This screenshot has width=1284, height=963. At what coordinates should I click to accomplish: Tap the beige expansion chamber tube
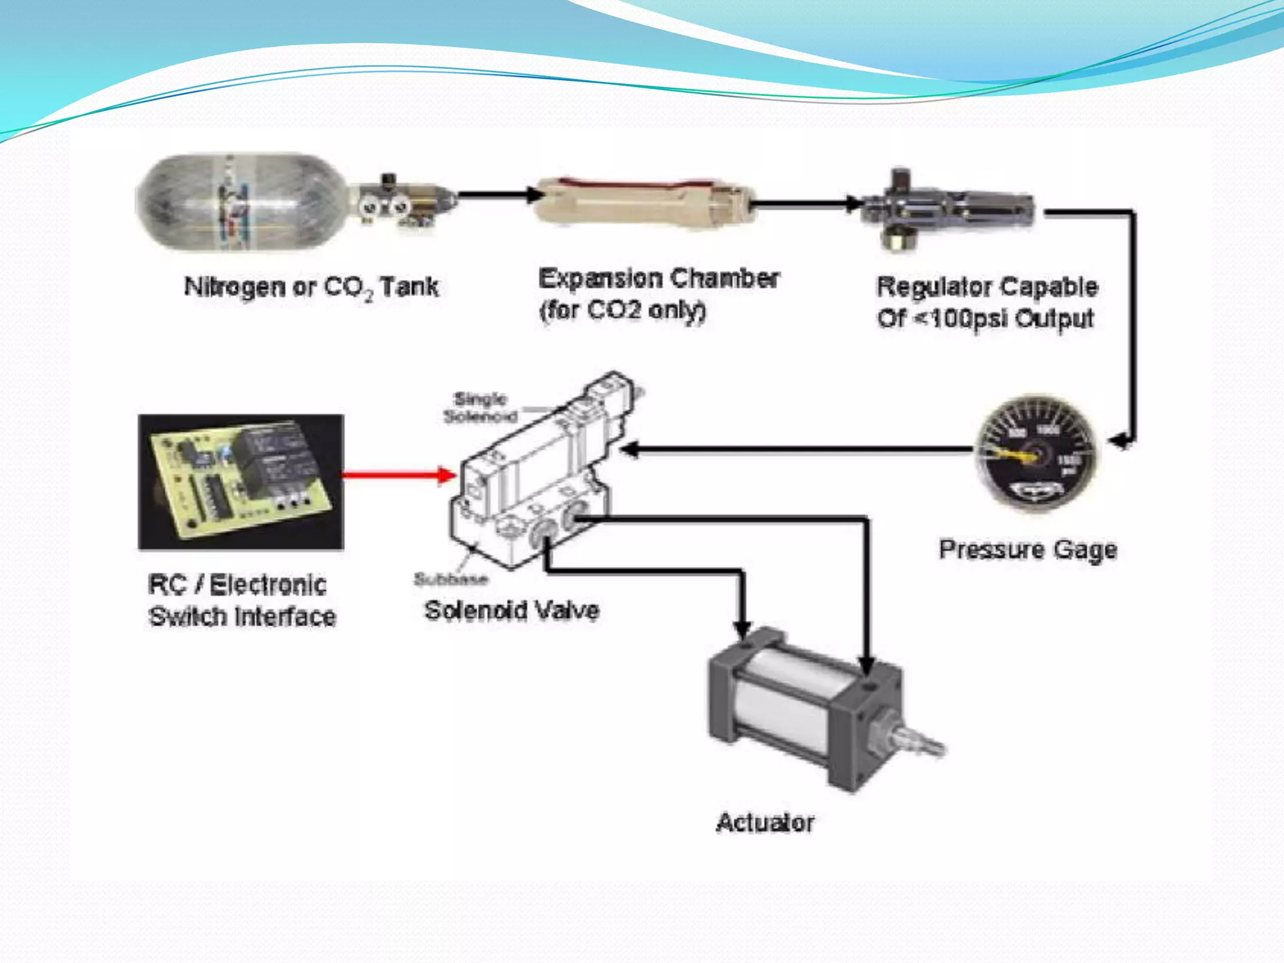pos(643,202)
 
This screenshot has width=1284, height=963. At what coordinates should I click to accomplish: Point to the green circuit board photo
pos(241,481)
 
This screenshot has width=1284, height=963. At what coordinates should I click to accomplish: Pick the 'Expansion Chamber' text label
pos(658,279)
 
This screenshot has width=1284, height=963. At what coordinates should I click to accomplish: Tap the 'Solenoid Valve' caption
pos(512,610)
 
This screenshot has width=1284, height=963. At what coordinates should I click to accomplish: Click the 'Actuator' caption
pos(765,822)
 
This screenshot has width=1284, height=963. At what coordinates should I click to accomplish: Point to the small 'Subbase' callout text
pos(450,579)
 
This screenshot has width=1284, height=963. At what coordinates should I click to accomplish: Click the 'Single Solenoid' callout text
pos(480,408)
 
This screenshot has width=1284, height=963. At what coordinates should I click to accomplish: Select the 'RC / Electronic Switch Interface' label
pos(242,600)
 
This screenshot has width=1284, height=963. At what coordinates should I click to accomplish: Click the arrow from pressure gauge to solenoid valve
pos(796,449)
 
